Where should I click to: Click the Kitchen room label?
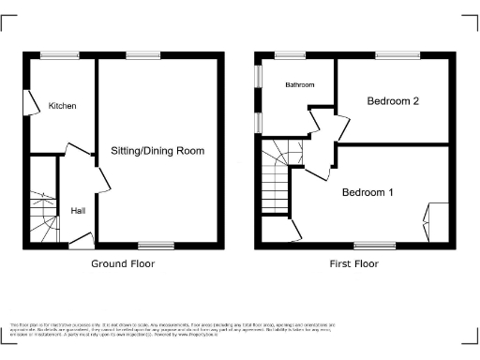tap(62, 106)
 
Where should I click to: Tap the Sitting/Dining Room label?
tap(157, 151)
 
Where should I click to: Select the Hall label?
tap(78, 211)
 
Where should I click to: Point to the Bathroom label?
tap(300, 85)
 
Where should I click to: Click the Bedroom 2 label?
tap(392, 101)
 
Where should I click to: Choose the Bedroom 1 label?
tap(367, 192)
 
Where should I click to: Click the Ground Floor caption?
tap(123, 263)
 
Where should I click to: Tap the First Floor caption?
tap(352, 263)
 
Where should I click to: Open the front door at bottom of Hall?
tap(81, 241)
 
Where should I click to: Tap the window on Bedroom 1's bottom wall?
tap(381, 247)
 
